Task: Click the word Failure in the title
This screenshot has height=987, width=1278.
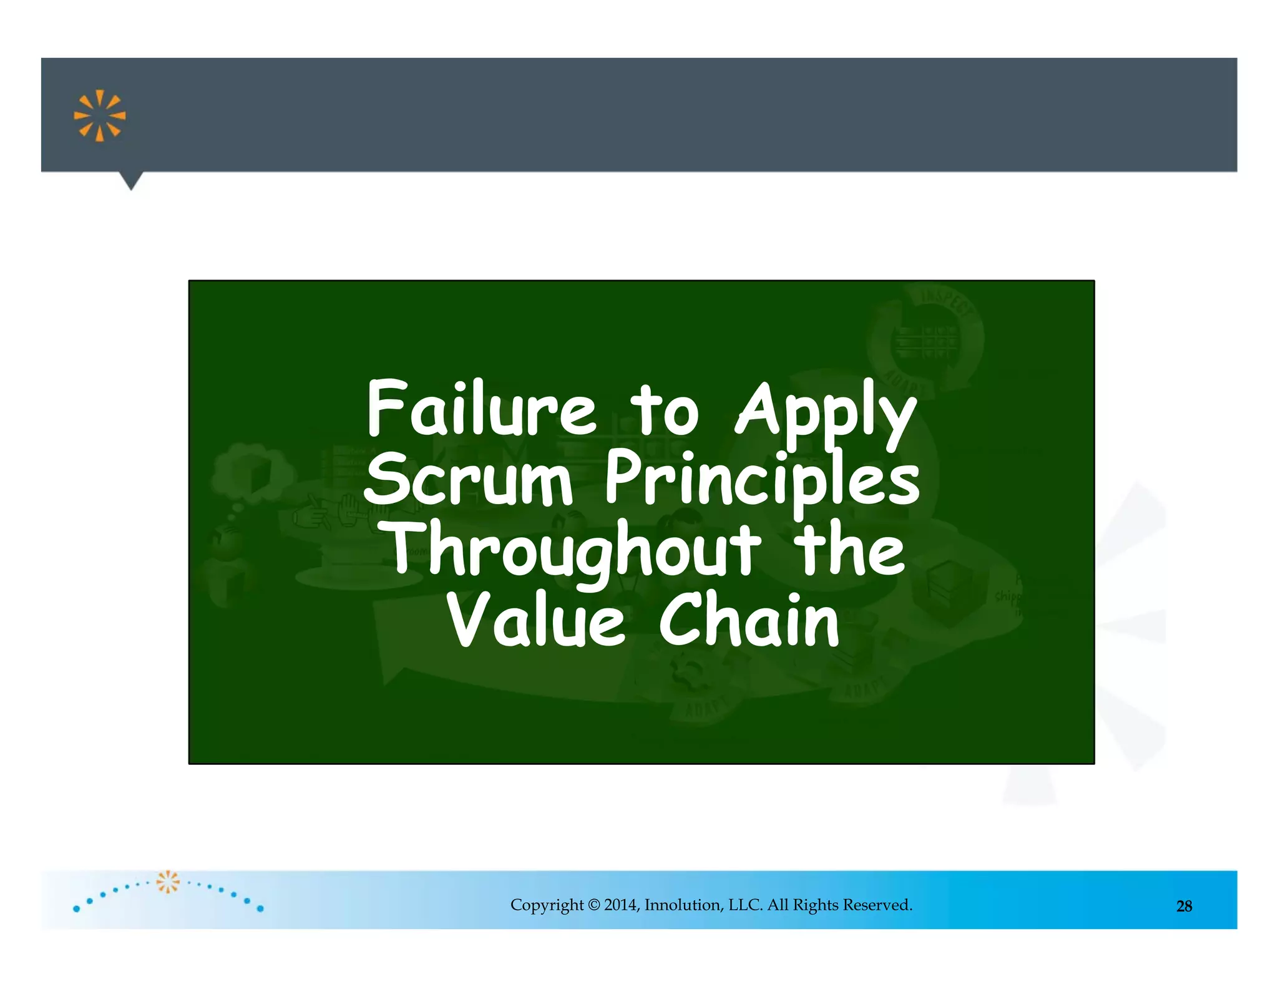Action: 481,409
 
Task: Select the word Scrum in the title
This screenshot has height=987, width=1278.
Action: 468,480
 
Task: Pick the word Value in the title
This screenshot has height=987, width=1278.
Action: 536,620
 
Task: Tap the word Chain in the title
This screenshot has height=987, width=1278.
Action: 749,620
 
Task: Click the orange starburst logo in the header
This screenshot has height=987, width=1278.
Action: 100,116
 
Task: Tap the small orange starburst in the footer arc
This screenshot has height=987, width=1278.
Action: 167,882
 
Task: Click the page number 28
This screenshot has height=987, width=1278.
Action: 1184,906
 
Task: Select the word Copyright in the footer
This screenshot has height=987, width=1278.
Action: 547,905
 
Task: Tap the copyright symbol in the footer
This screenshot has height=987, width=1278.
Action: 593,905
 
